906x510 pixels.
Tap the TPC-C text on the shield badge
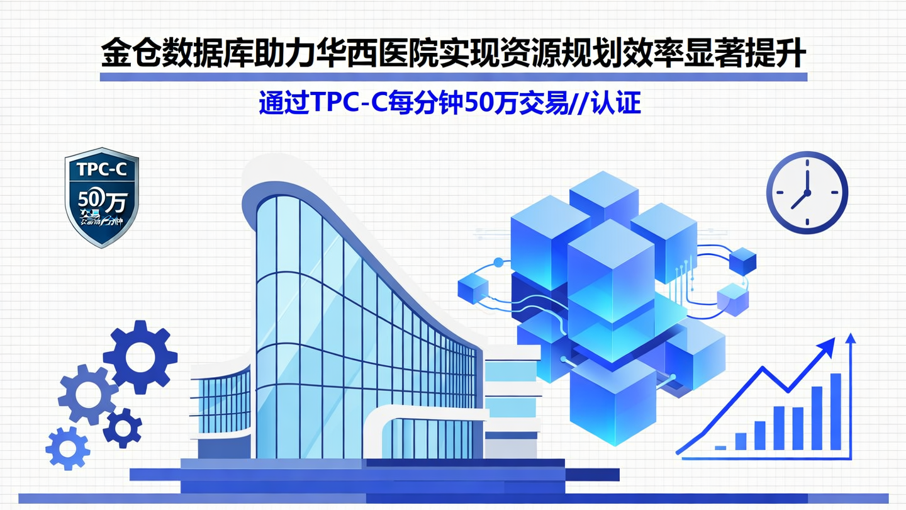(101, 169)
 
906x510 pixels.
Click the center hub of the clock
(807, 192)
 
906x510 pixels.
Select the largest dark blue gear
(140, 357)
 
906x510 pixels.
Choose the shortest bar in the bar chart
(721, 447)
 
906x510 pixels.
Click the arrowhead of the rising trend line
(829, 345)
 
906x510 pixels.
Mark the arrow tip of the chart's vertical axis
(851, 337)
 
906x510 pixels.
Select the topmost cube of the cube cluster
(603, 193)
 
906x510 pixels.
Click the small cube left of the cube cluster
(473, 289)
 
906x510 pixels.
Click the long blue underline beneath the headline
(453, 77)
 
